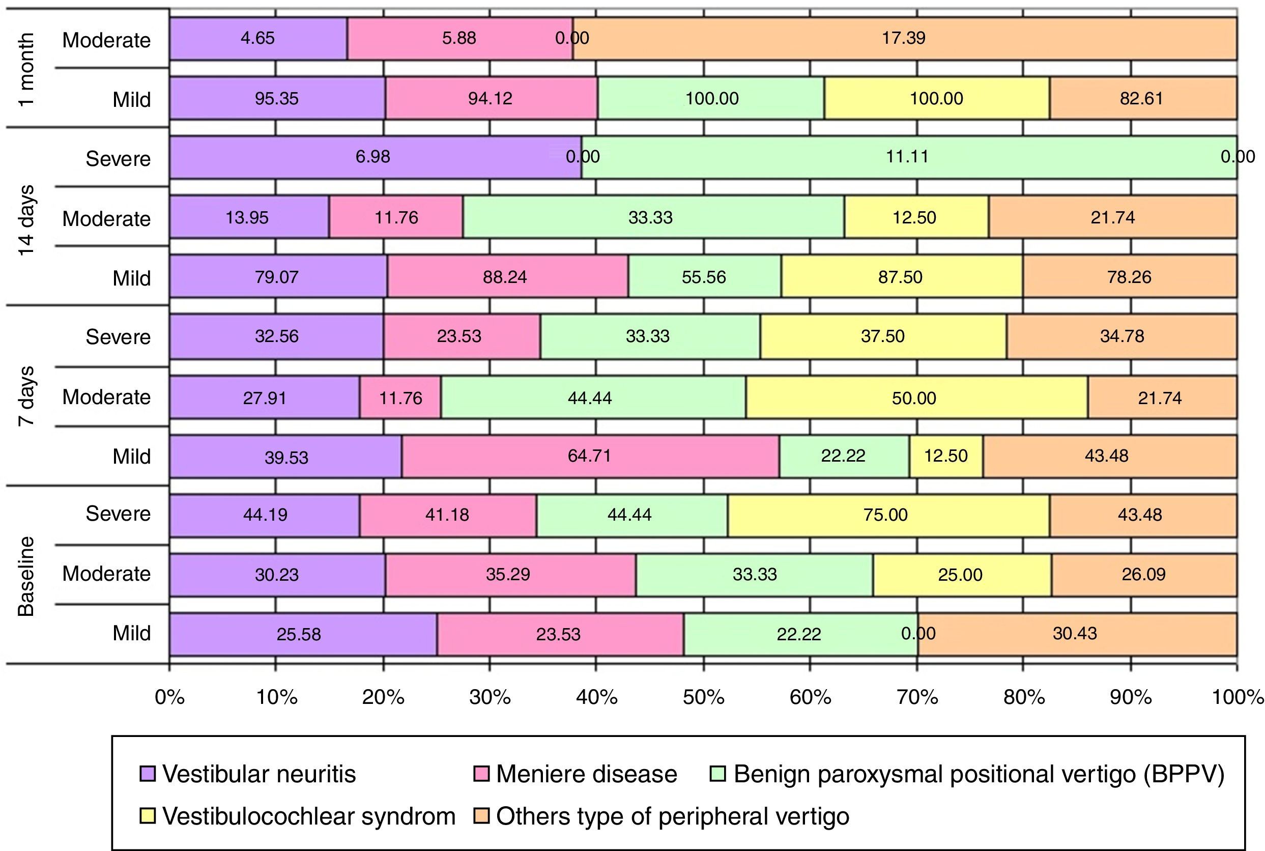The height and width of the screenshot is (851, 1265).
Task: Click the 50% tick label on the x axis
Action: tap(703, 697)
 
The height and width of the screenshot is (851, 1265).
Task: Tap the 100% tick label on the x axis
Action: tap(1238, 697)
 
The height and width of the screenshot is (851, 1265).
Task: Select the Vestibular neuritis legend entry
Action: tap(248, 775)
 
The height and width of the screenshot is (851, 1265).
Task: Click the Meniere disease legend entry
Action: tap(576, 775)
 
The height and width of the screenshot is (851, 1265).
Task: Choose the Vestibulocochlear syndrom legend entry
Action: tap(297, 817)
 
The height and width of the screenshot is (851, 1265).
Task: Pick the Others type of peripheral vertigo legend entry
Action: tap(662, 817)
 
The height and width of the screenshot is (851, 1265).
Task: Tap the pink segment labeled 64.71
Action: tap(590, 456)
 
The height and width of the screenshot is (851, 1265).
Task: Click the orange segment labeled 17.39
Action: tap(904, 39)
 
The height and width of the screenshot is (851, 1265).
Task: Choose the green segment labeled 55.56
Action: tap(704, 277)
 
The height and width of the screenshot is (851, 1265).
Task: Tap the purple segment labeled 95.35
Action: tap(277, 98)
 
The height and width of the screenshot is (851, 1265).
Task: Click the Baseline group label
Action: tap(26, 576)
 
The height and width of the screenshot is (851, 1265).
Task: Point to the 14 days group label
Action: tap(26, 220)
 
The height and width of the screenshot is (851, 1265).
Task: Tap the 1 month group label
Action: tap(26, 69)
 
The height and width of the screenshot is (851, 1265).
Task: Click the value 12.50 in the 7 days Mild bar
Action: tap(946, 456)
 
